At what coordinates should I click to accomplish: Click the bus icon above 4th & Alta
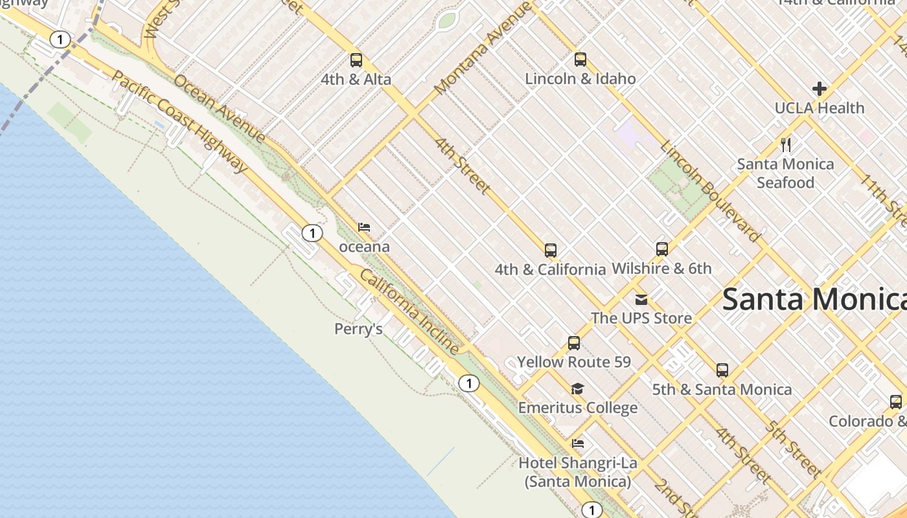tap(356, 60)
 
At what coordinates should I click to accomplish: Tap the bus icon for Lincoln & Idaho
tap(580, 60)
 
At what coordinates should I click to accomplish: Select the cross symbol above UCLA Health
tap(820, 89)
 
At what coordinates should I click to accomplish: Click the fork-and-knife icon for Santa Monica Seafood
tap(786, 144)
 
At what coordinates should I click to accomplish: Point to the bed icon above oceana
tap(364, 227)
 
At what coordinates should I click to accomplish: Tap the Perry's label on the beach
tap(358, 330)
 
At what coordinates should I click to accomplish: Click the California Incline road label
tap(409, 312)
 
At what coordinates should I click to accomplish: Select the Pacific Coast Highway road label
tap(179, 121)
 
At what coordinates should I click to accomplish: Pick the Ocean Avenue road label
tap(220, 108)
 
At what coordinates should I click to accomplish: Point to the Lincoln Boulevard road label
tap(710, 191)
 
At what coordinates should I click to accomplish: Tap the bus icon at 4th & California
tap(551, 250)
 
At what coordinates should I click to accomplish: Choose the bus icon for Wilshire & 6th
tap(661, 249)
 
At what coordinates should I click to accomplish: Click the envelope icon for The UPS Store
tap(641, 299)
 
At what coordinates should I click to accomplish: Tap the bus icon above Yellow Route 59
tap(574, 343)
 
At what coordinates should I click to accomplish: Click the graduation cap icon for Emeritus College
tap(577, 388)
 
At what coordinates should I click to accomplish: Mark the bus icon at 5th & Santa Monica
tap(722, 370)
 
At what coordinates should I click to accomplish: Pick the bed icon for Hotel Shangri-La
tap(578, 444)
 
